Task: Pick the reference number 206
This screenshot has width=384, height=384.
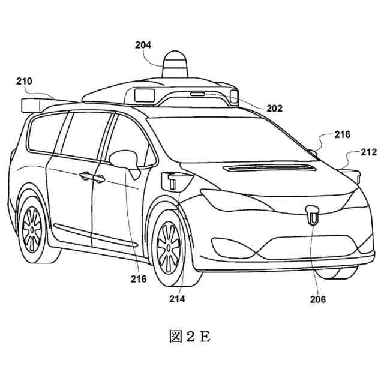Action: (319, 298)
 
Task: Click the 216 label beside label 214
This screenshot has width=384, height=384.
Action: (138, 279)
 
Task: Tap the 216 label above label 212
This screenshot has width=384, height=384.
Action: (343, 135)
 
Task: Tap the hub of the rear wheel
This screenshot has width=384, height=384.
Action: (31, 229)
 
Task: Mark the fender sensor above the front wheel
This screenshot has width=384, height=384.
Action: (175, 178)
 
